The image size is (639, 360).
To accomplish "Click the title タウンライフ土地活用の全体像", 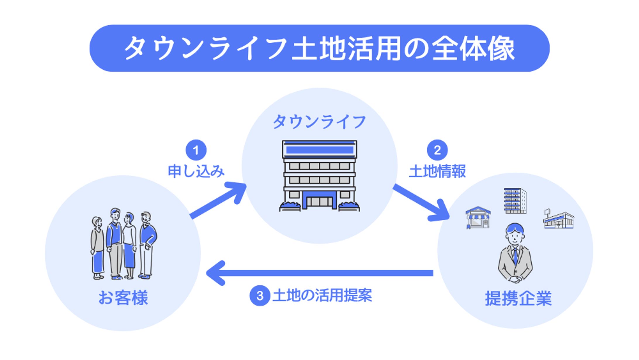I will click(319, 48).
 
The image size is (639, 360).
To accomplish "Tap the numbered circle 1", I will click(196, 150).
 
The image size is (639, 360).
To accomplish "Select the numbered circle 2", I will click(437, 150).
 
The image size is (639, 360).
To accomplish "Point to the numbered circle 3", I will click(260, 296).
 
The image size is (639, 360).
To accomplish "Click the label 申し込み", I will click(196, 171).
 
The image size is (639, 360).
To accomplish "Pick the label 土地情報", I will click(437, 171).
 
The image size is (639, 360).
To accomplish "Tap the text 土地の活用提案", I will click(322, 296).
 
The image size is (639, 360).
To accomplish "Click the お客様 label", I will click(123, 298).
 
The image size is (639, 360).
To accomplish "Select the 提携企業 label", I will click(518, 299).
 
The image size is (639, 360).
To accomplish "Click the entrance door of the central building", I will click(319, 201).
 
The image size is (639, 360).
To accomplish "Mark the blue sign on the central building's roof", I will click(319, 150).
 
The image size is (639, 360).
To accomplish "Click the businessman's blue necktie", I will click(515, 256).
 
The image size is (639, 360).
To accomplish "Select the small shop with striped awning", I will click(478, 217).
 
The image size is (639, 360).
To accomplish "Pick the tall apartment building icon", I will click(515, 200).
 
